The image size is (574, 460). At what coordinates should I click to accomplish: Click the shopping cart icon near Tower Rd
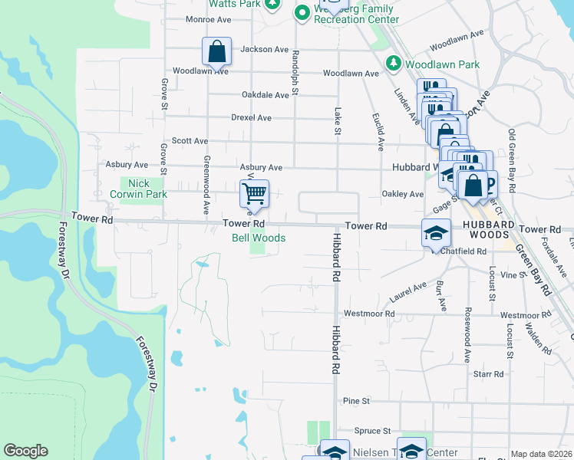254,193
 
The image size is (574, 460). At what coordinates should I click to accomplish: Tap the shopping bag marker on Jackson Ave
217,51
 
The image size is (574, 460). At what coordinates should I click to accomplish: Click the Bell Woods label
259,238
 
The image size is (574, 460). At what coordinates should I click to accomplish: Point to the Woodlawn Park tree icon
394,64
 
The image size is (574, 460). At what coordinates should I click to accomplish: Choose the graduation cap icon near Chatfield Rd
435,232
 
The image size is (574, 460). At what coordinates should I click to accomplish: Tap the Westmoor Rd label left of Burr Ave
368,314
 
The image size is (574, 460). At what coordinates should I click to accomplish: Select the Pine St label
357,401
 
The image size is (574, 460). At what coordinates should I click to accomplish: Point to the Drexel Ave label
252,118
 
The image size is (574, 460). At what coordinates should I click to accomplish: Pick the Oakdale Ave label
265,95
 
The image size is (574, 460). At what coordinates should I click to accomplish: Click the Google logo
25,451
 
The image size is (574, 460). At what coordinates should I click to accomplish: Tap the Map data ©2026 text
540,454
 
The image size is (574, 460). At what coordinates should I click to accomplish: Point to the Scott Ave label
190,141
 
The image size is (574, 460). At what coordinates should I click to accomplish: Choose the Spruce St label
373,431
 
